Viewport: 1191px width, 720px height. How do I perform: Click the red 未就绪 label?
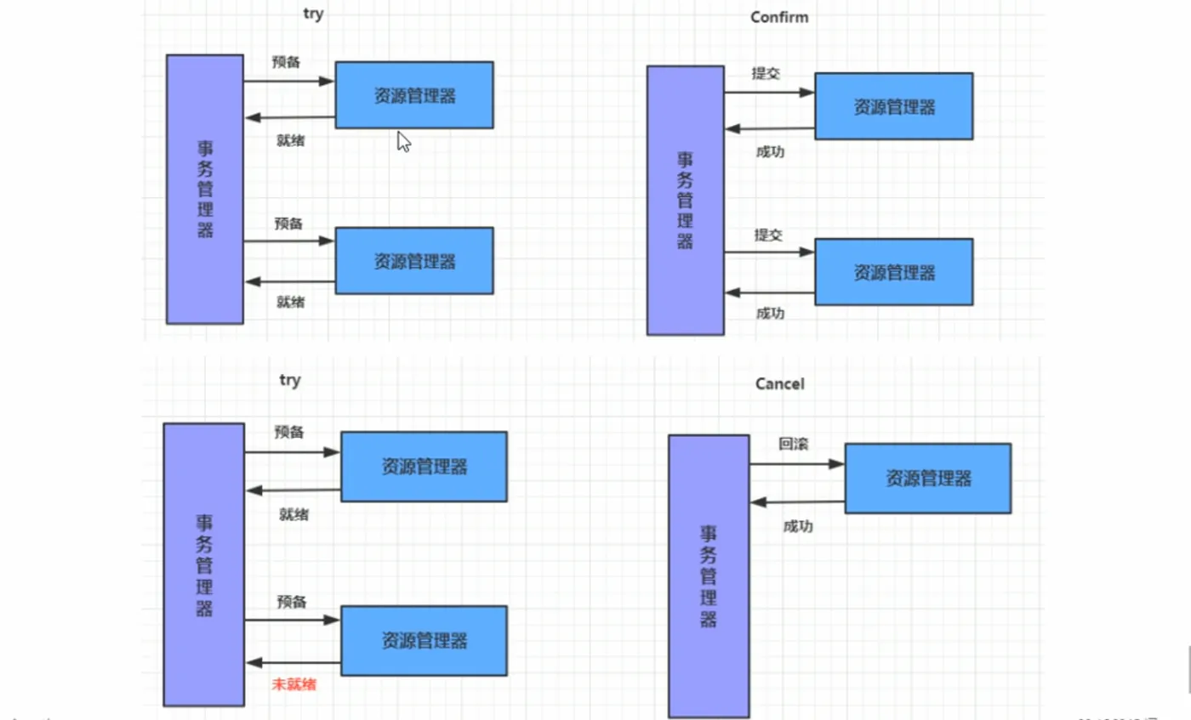[293, 683]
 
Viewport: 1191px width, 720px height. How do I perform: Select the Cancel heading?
[779, 384]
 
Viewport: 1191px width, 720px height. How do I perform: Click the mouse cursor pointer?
[403, 141]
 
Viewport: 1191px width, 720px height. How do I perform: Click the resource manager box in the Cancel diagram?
[927, 478]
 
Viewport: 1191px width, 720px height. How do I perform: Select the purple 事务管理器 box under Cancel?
[708, 576]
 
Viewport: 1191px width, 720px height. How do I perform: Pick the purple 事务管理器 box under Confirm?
[685, 200]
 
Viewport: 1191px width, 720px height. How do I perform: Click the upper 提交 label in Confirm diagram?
[766, 73]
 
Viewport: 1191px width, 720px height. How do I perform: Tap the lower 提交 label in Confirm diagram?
[767, 235]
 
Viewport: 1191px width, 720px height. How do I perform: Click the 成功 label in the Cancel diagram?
[797, 526]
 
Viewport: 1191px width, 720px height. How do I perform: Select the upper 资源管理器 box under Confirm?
[893, 106]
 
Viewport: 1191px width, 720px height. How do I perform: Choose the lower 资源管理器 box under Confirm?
[893, 272]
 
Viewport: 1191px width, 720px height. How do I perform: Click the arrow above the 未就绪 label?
[293, 662]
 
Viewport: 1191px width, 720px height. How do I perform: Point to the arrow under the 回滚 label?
[796, 464]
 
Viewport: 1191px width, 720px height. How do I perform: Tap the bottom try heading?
[290, 380]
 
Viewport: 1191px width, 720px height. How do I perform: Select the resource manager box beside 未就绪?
[424, 639]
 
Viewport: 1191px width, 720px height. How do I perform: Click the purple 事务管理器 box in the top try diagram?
[204, 189]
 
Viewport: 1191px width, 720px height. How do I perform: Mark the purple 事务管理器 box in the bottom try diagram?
[204, 564]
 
